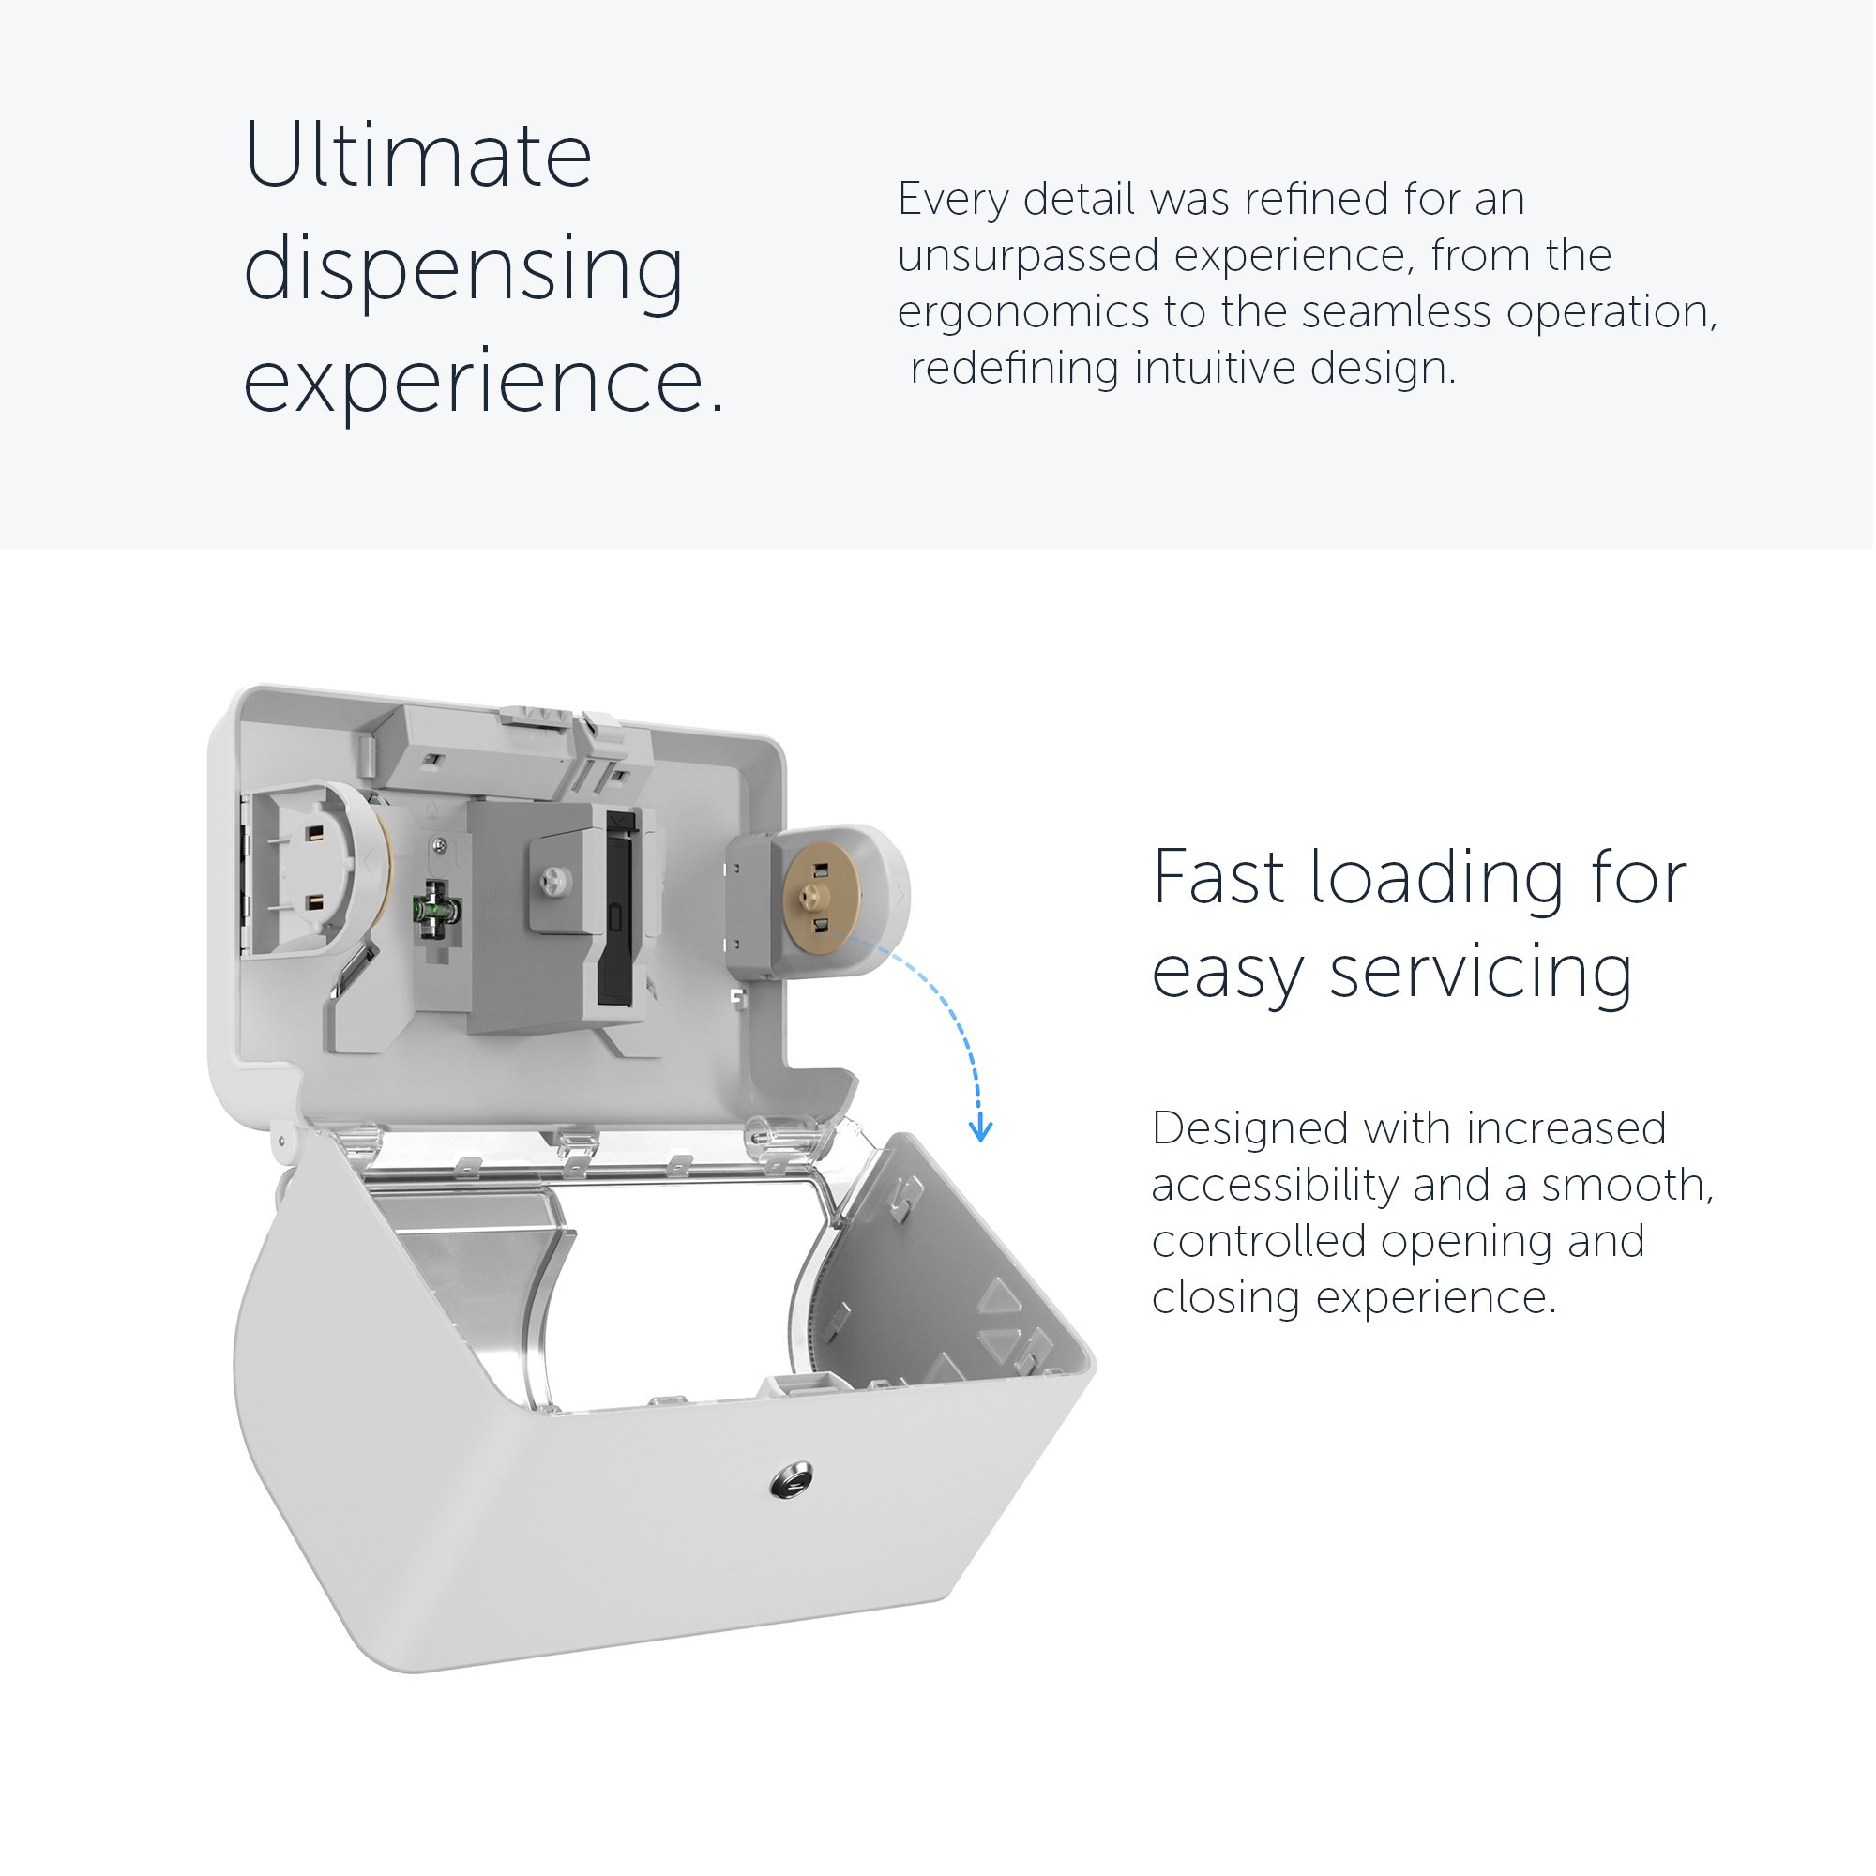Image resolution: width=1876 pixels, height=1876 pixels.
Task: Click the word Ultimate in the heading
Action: coord(417,155)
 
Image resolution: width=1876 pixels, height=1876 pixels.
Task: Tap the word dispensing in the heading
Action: coord(463,270)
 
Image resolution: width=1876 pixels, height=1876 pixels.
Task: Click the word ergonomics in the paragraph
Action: coord(1022,313)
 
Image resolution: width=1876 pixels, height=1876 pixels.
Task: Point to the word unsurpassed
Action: coord(1028,256)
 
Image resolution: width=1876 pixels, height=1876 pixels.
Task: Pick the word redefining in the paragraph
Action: coord(1015,368)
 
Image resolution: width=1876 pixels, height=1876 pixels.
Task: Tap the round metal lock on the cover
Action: coord(792,1481)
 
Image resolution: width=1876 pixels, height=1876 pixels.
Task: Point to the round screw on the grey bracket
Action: coord(556,880)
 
